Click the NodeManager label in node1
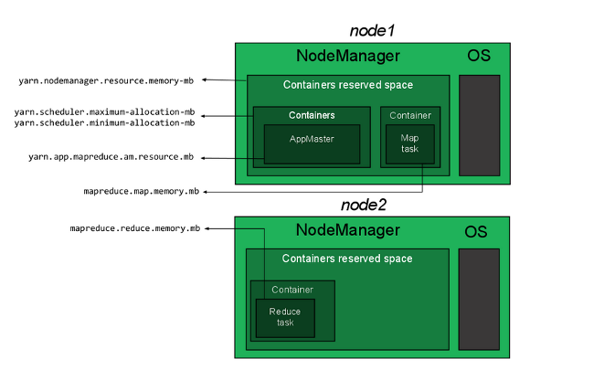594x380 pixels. click(x=348, y=57)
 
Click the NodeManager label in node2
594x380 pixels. click(x=348, y=230)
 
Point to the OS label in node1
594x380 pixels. click(x=478, y=57)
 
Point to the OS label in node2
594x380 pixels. click(x=476, y=231)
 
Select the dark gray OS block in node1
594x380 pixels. click(x=479, y=124)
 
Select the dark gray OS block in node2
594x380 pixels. click(x=479, y=299)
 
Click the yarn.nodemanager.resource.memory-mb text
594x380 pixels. click(x=106, y=80)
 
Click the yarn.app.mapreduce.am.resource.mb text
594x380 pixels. click(x=111, y=157)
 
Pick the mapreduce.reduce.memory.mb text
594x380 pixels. click(x=134, y=227)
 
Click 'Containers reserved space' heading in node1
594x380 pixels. click(x=347, y=86)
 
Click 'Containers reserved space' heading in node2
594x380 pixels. click(x=347, y=259)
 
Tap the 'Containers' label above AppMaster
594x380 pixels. click(x=312, y=116)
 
